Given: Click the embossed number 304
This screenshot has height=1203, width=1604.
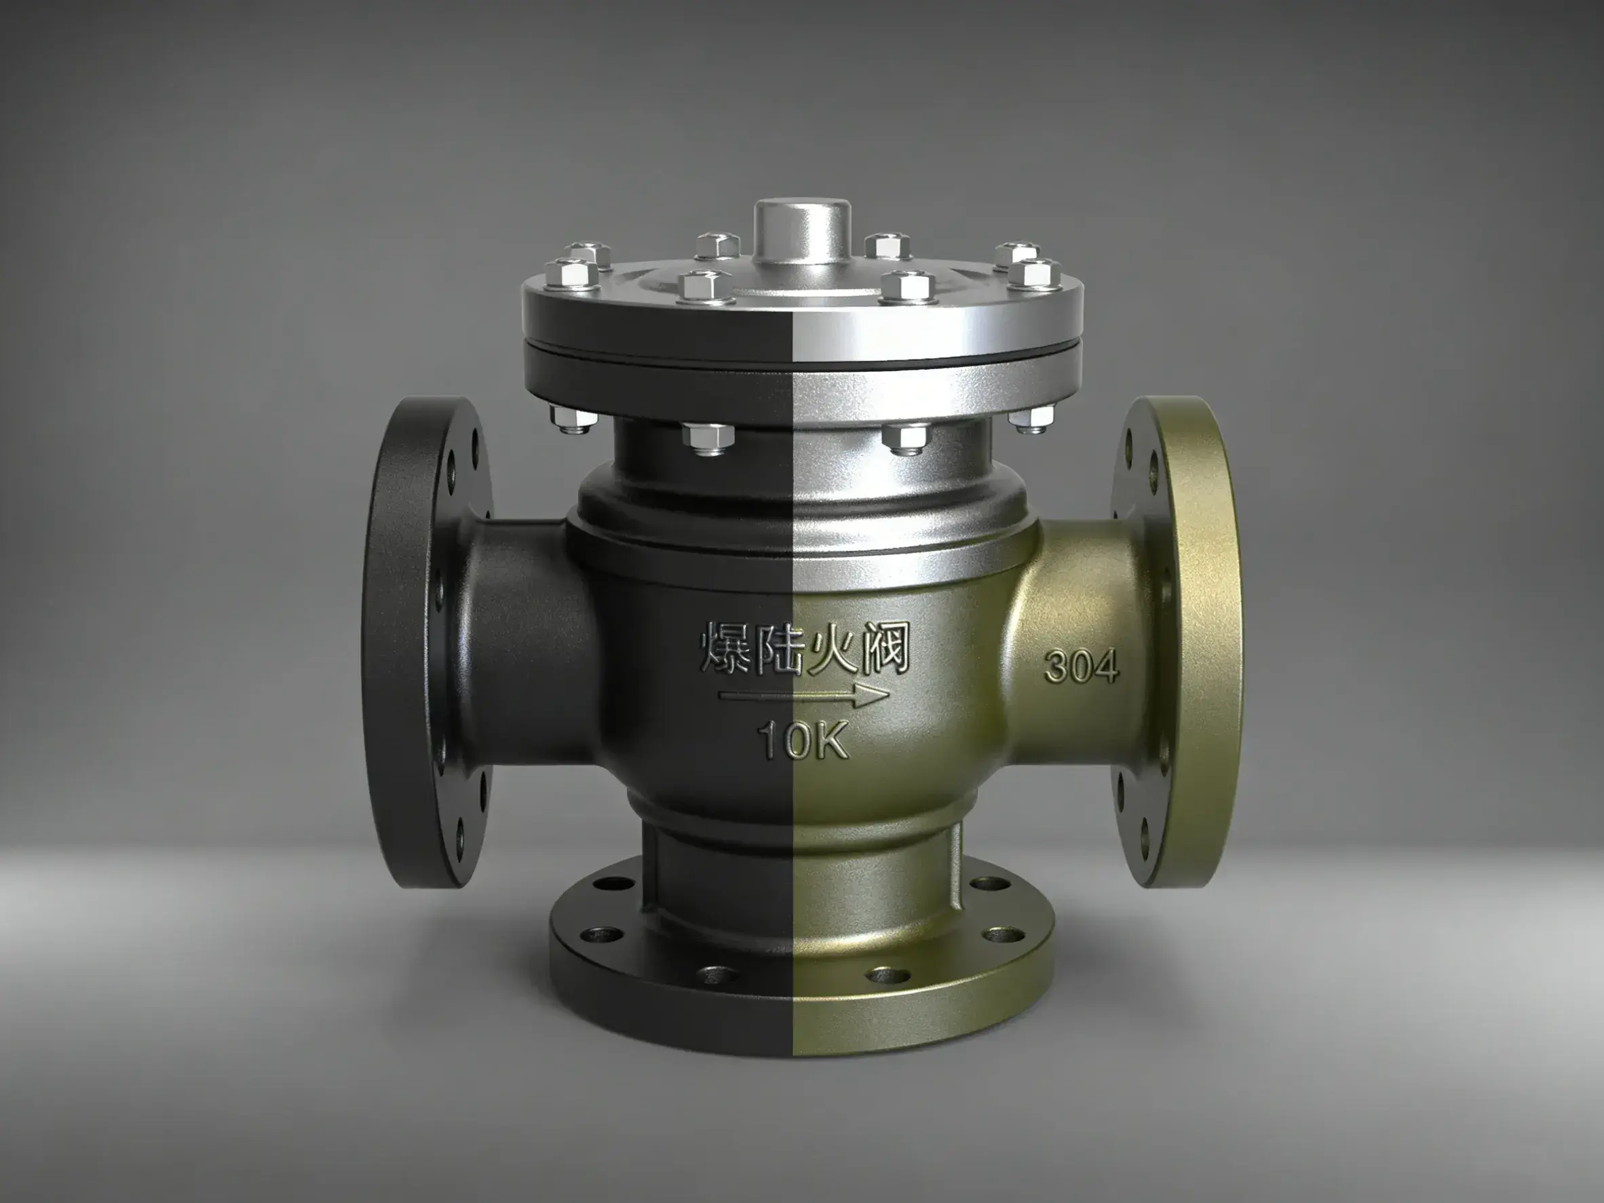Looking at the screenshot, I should coord(1081,666).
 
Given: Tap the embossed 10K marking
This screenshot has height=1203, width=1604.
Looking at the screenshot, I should coord(803,740).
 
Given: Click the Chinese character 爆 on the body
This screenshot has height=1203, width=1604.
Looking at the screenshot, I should coord(725,647).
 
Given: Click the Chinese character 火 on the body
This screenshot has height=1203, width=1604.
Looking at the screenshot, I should coord(829,647).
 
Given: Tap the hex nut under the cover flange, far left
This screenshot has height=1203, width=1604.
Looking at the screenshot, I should coord(571,419).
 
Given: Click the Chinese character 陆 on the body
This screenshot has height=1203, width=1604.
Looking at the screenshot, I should coord(778,647).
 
